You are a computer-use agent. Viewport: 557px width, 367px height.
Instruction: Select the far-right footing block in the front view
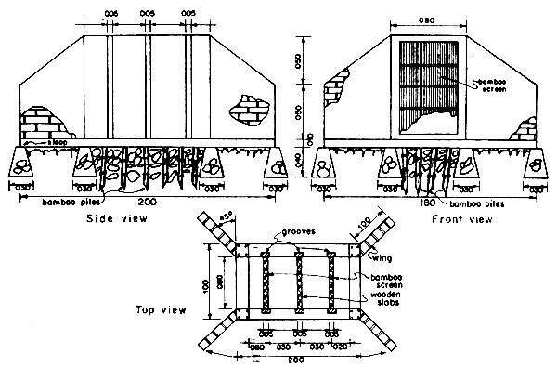tap(535, 166)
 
